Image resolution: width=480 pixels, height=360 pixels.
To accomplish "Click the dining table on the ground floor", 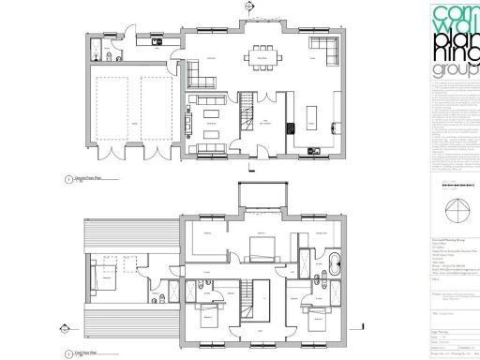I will coord(259,57).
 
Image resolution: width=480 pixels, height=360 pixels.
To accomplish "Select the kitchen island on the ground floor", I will coord(314,120).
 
